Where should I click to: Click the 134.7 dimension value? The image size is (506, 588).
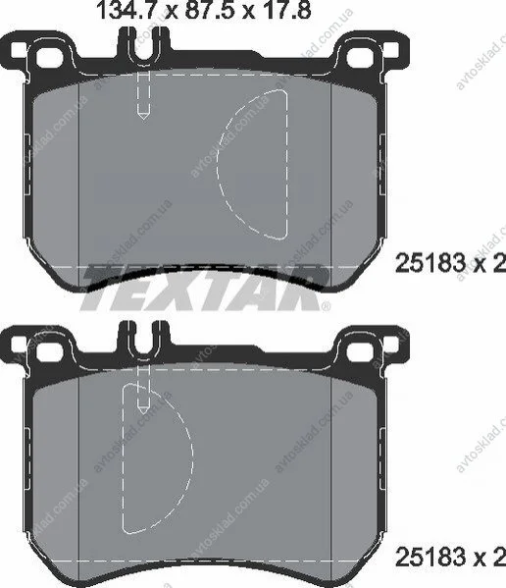click(x=126, y=10)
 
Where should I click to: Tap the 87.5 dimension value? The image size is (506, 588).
click(x=211, y=10)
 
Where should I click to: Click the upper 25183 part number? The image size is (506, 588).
click(x=430, y=263)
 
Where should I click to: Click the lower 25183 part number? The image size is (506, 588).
click(x=430, y=558)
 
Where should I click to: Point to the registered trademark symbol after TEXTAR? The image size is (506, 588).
click(x=327, y=306)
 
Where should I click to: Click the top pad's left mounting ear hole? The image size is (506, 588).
click(x=49, y=57)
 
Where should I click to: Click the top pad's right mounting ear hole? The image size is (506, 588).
click(x=360, y=57)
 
